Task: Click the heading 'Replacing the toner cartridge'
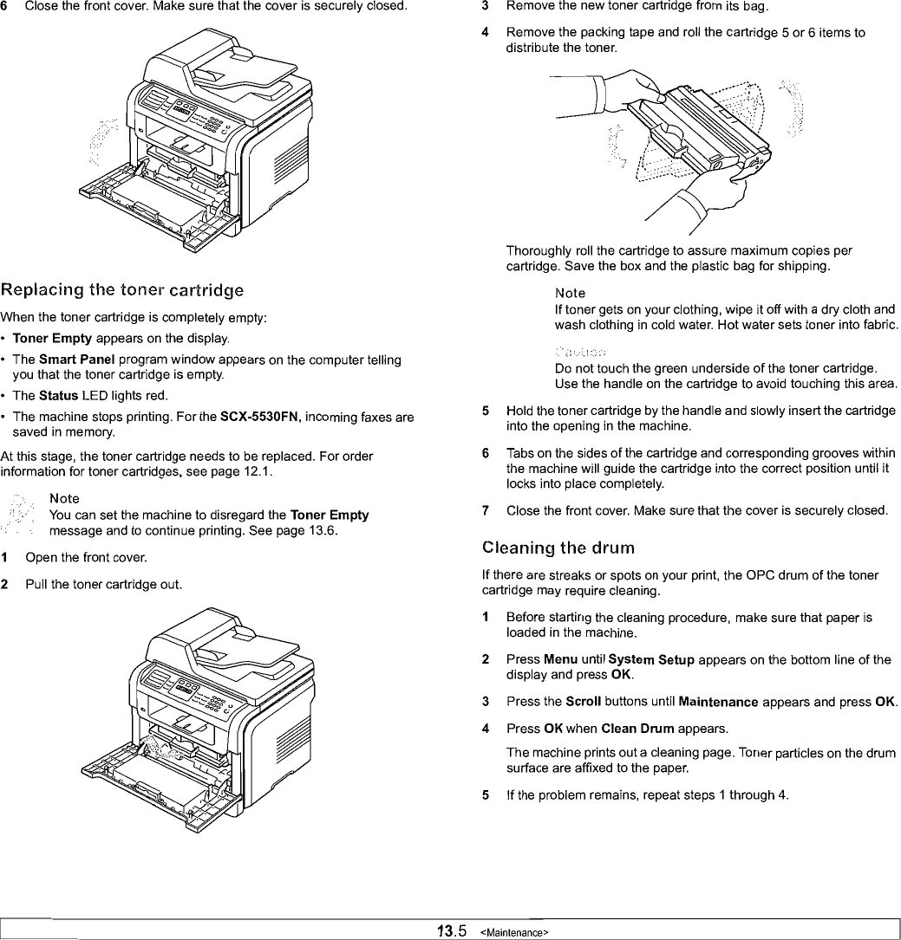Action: coord(122,289)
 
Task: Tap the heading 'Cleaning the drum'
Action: coord(558,548)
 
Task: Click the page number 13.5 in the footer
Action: coord(452,931)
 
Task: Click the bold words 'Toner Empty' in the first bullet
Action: coord(70,338)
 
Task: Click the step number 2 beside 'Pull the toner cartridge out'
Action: coord(5,585)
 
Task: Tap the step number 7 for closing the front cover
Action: coord(486,510)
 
